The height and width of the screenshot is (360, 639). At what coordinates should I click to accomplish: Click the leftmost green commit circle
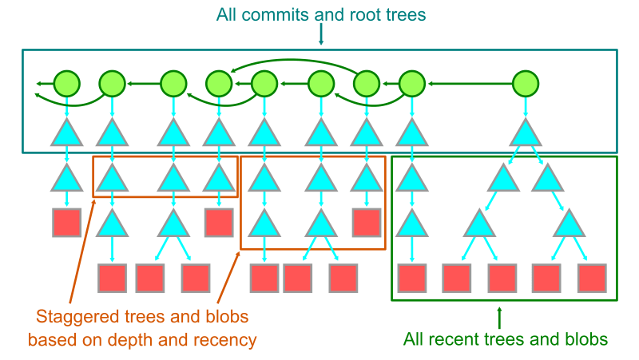[x=67, y=82]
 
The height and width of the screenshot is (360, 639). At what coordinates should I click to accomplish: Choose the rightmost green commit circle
[x=524, y=82]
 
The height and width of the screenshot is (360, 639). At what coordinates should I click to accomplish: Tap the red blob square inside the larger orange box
[x=367, y=222]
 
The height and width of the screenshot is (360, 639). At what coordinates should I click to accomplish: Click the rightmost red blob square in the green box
[x=593, y=277]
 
